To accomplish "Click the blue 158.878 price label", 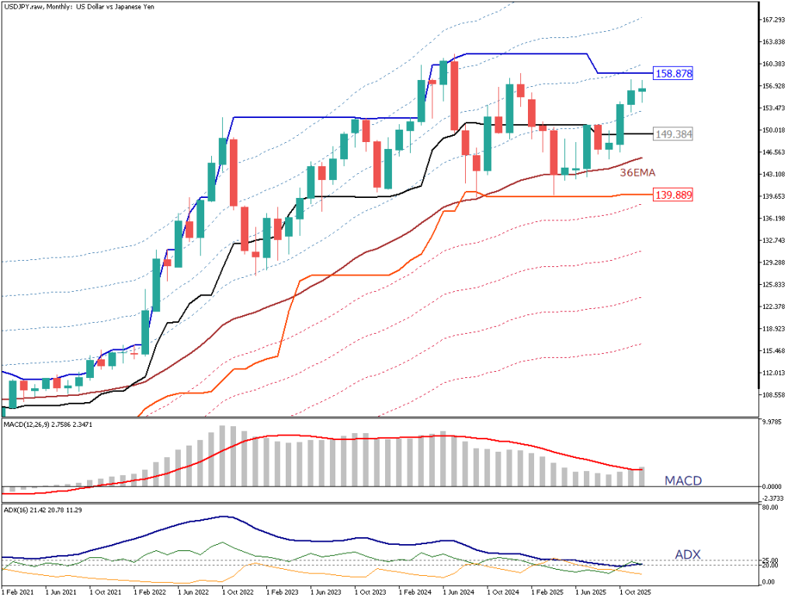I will pyautogui.click(x=673, y=74).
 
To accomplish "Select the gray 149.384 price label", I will pyautogui.click(x=673, y=134).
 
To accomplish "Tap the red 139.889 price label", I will pyautogui.click(x=673, y=195).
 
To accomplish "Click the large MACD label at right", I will pyautogui.click(x=683, y=481).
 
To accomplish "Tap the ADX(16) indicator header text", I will pyautogui.click(x=17, y=509).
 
